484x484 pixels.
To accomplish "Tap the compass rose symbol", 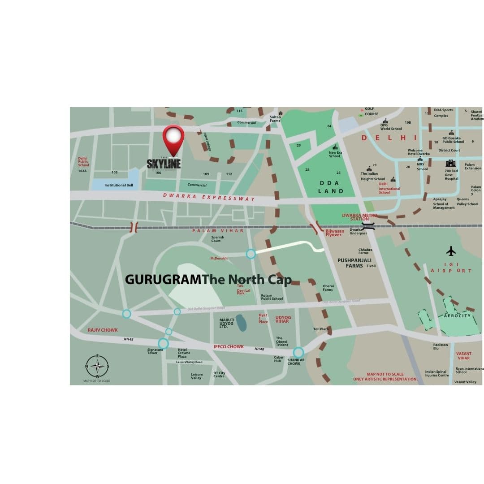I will [x=97, y=366].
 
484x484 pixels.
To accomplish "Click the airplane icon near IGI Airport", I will [x=451, y=251].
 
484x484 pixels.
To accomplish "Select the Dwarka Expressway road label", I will [x=209, y=197].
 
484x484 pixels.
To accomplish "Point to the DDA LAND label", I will [x=331, y=187].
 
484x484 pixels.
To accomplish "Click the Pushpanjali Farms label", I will [x=350, y=263].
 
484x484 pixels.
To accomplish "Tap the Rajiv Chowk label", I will [x=103, y=330].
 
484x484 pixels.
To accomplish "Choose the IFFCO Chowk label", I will [x=229, y=346].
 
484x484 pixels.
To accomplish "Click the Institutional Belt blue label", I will [x=119, y=185].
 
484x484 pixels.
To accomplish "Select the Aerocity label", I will [x=457, y=316].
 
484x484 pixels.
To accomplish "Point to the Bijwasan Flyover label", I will [x=335, y=233].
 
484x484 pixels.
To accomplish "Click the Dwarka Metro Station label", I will [x=359, y=217].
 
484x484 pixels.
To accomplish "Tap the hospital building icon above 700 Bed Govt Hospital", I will [x=450, y=164].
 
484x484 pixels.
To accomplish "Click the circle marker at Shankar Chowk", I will [x=298, y=353].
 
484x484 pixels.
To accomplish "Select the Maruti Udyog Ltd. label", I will [x=227, y=323].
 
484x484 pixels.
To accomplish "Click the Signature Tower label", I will [x=155, y=351].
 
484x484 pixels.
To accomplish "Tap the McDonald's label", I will [x=219, y=258].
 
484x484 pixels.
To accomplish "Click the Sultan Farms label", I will [x=275, y=119].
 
